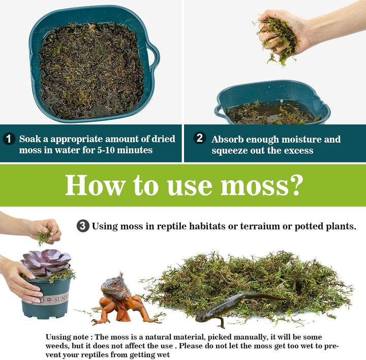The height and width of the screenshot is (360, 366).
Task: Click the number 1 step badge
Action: coord(9,139)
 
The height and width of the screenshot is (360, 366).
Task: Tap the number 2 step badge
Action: coord(200,138)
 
